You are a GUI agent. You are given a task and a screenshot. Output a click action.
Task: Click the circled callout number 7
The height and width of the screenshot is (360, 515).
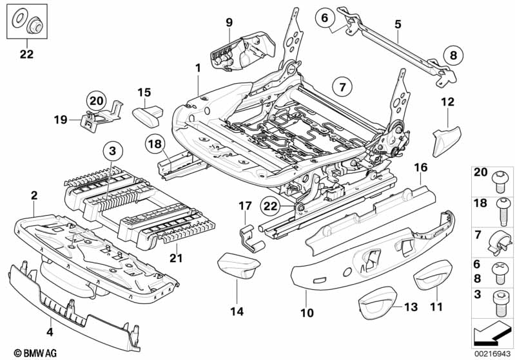(342, 85)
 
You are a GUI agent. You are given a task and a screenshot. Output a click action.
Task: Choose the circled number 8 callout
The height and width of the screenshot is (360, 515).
(452, 55)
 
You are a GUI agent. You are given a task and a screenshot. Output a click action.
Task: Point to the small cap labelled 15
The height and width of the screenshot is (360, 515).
(150, 117)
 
